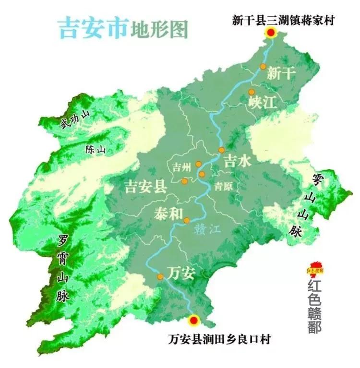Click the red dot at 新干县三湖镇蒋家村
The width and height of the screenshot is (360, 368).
(x=272, y=33)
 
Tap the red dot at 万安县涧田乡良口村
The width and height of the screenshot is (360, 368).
(x=194, y=320)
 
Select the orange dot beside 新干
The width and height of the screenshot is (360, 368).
(x=263, y=67)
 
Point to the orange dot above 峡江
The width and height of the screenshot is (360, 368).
(x=251, y=92)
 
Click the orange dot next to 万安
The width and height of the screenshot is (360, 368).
(x=161, y=276)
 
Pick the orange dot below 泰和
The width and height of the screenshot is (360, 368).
(x=187, y=220)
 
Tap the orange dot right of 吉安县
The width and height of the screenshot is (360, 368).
(x=184, y=181)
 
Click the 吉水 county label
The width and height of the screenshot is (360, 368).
(x=238, y=162)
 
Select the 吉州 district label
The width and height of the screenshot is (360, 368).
(x=181, y=166)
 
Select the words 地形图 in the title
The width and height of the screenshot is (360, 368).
(x=159, y=30)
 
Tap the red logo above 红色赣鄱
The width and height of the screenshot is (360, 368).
(x=316, y=269)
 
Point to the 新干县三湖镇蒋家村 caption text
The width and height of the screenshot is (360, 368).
(x=283, y=20)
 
